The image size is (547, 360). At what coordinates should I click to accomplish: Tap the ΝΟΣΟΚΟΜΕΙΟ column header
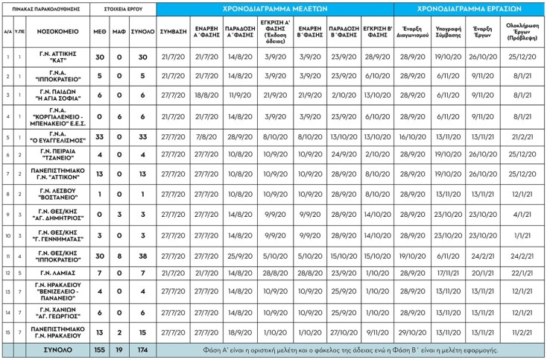tap(54, 33)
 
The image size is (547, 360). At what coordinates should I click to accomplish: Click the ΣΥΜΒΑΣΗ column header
tap(173, 33)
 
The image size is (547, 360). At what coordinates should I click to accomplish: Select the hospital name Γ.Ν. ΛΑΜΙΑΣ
tap(54, 273)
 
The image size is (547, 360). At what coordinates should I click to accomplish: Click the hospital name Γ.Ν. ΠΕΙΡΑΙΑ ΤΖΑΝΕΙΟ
tap(54, 154)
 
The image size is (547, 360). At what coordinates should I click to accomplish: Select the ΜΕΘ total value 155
tap(100, 349)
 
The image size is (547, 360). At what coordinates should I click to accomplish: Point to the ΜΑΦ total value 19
tap(120, 349)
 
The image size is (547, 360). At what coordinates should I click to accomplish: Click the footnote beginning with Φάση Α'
tap(350, 349)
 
